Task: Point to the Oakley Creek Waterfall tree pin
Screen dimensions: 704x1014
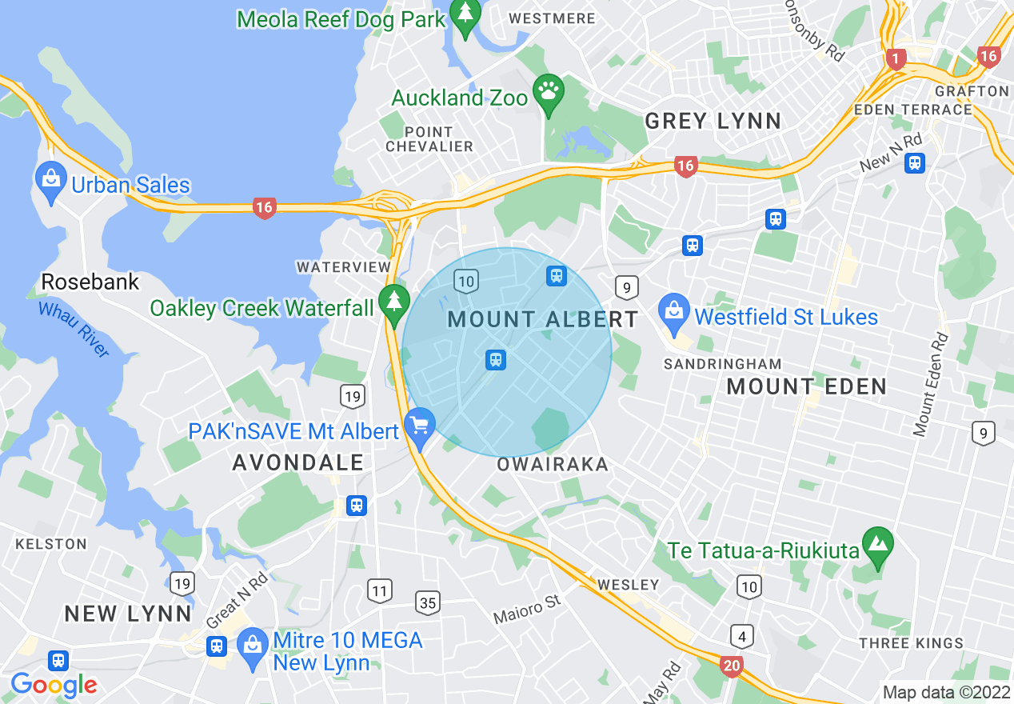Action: pos(393,303)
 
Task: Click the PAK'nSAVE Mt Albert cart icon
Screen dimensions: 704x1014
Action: pos(419,426)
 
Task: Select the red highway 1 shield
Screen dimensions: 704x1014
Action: pos(896,58)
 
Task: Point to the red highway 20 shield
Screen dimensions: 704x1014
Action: pos(731,665)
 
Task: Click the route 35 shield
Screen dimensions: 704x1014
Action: pos(428,602)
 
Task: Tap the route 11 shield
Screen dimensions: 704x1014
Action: pos(380,592)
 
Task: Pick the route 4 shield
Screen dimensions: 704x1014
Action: pos(741,637)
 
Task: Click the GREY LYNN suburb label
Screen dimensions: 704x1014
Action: pos(713,121)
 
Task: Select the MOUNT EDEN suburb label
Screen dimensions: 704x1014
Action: pos(806,387)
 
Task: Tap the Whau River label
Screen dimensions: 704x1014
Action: pos(74,328)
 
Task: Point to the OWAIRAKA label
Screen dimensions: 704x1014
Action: pos(553,465)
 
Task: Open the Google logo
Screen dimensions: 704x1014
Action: pos(54,685)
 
